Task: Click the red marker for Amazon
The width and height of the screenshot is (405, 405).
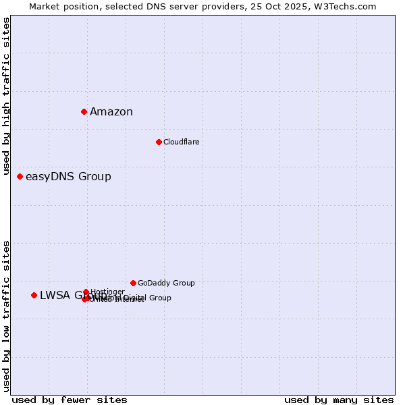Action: coord(84,111)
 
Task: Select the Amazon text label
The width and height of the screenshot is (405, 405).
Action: coord(111,112)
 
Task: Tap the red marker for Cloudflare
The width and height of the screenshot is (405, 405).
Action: coord(159,142)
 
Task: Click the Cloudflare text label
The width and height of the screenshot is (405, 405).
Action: coord(181,142)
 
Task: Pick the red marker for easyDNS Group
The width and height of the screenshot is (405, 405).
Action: coord(20,176)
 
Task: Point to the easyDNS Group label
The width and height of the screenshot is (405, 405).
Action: coord(68,177)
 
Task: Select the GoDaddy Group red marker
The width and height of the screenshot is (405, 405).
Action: coord(133,283)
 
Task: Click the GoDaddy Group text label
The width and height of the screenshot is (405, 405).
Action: coord(166,283)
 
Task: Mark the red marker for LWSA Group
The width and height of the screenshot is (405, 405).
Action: coord(34,295)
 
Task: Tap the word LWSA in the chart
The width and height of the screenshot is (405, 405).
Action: coord(53,295)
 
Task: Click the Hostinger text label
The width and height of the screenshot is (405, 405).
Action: coord(107,292)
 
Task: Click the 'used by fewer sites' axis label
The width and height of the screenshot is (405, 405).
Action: coord(70,400)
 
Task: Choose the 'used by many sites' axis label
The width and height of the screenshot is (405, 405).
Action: coord(339,400)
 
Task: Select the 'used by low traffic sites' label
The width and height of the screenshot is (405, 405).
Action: coord(6,315)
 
